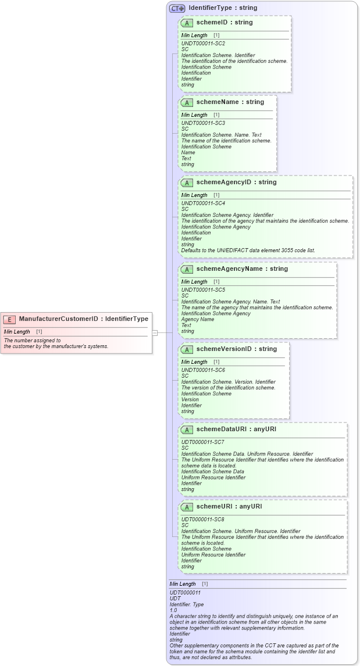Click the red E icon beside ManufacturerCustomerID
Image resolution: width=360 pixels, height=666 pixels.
[9, 319]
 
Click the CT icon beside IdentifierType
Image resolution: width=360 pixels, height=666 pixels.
[177, 8]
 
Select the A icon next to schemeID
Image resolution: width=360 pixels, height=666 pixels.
[187, 23]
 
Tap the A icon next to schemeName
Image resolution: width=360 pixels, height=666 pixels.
[187, 103]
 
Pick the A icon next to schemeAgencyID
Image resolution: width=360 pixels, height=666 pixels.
[187, 183]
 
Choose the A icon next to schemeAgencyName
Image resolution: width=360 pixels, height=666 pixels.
[187, 270]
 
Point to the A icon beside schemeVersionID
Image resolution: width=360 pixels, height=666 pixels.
[187, 350]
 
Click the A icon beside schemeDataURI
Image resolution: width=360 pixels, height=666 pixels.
[187, 430]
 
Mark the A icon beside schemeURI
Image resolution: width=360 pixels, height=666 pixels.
[187, 507]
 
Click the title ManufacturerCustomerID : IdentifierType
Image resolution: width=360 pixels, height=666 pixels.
[83, 318]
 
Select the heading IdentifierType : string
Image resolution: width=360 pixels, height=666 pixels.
[223, 8]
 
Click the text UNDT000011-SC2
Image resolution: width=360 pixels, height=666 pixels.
[203, 44]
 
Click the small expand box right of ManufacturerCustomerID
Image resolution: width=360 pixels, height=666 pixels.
[155, 333]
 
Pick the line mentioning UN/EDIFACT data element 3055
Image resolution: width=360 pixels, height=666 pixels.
[248, 250]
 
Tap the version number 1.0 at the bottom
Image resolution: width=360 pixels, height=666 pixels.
[173, 610]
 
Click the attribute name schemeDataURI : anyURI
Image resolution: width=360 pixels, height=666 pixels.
[236, 429]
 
